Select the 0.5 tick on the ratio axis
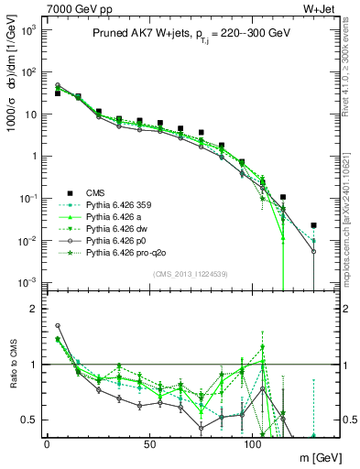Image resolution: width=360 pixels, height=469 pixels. [x=27, y=420]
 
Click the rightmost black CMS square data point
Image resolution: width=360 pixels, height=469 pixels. [x=313, y=224]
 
